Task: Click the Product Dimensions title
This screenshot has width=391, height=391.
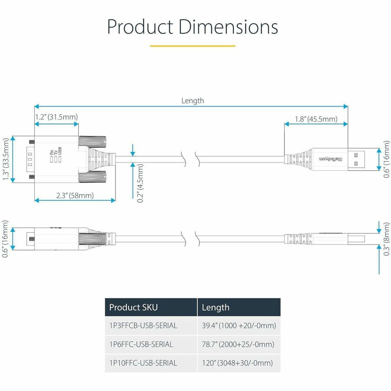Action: [192, 27]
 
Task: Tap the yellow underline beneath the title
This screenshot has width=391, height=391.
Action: [192, 46]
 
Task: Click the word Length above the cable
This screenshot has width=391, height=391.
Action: [192, 101]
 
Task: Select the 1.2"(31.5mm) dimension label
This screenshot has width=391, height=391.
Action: [56, 117]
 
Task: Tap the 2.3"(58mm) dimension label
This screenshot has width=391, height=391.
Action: [75, 195]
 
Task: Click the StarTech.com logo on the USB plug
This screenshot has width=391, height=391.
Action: [331, 159]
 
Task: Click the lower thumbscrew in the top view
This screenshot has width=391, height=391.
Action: [93, 176]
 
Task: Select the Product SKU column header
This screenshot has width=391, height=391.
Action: [133, 308]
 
